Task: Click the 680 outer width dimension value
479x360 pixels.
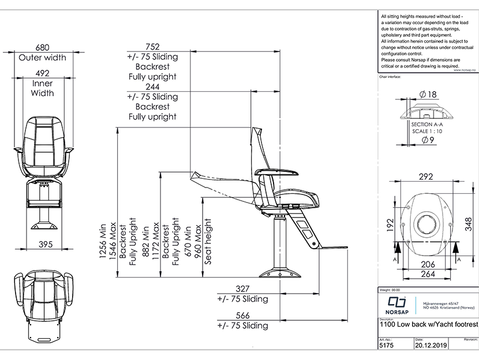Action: click(x=42, y=47)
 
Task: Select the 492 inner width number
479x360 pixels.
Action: click(x=42, y=73)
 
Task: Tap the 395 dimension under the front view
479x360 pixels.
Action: click(x=42, y=245)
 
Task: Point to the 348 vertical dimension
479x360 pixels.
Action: click(x=468, y=220)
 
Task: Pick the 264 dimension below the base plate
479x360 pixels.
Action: click(x=427, y=273)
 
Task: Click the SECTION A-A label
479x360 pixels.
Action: click(x=427, y=124)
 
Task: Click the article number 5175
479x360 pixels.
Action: click(x=387, y=347)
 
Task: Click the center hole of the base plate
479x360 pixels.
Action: click(x=427, y=222)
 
